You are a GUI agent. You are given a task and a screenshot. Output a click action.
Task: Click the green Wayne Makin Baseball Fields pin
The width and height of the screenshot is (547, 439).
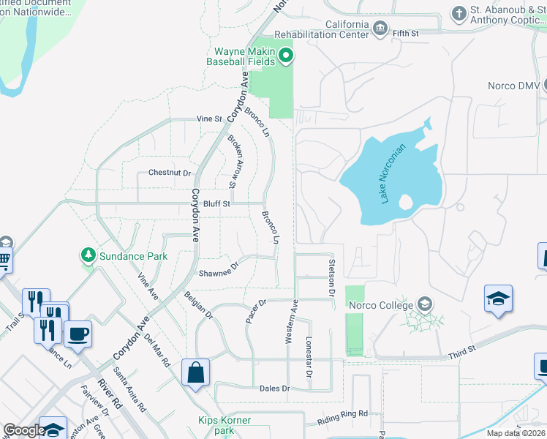pos(287,56)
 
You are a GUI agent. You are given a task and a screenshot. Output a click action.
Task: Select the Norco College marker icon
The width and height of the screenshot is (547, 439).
pos(424,304)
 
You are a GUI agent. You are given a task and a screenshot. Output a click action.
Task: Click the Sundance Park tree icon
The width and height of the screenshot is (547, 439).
pos(88,255)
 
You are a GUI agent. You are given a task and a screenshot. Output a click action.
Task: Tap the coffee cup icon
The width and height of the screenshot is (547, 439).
pos(78,334)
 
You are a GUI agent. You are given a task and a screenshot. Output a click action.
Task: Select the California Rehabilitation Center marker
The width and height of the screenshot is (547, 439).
pos(380,29)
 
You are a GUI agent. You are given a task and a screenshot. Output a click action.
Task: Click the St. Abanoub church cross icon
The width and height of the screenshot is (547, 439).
pos(459,13)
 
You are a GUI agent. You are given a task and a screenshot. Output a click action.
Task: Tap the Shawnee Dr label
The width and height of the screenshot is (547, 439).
pos(219,270)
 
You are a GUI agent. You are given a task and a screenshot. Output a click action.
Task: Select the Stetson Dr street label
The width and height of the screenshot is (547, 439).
pos(331,277)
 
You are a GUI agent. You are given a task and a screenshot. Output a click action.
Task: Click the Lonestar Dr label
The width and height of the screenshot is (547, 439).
pos(309,356)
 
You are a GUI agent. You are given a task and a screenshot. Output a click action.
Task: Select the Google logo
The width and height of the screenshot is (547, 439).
pos(24,430)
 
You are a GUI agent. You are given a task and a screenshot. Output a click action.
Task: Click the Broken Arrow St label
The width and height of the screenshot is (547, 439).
pos(234,160)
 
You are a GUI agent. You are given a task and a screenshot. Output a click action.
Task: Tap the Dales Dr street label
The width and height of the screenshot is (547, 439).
pos(275,388)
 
